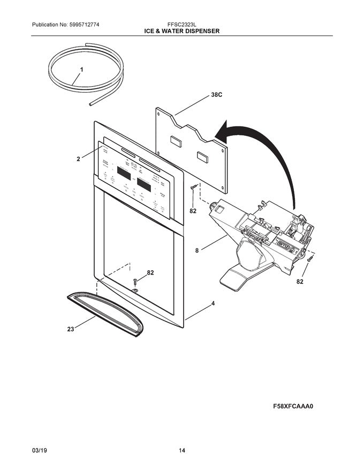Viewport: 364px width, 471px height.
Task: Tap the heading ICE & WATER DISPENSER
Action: (181, 32)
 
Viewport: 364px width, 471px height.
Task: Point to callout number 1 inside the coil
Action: (81, 70)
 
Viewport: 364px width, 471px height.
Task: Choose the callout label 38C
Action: (216, 95)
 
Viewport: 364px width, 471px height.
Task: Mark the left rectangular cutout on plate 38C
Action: (176, 141)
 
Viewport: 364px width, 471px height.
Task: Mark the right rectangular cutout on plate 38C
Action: (203, 156)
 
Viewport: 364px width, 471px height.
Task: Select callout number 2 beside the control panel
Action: (78, 159)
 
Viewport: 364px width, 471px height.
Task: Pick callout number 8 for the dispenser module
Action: (197, 249)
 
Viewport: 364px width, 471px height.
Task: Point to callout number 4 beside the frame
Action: (213, 303)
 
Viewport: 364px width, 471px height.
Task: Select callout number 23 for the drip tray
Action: (70, 330)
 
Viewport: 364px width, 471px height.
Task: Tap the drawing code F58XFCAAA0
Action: (293, 406)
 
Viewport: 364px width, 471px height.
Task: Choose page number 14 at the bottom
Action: (182, 451)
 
